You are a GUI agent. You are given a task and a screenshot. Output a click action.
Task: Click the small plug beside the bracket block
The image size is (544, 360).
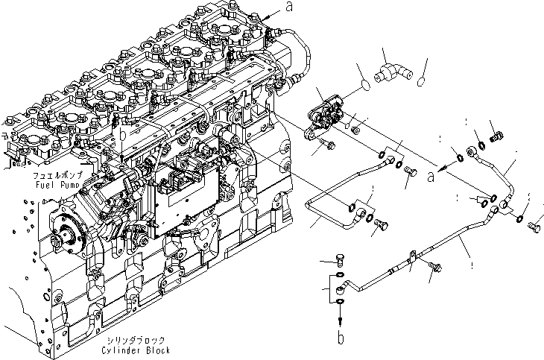point(355,130)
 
